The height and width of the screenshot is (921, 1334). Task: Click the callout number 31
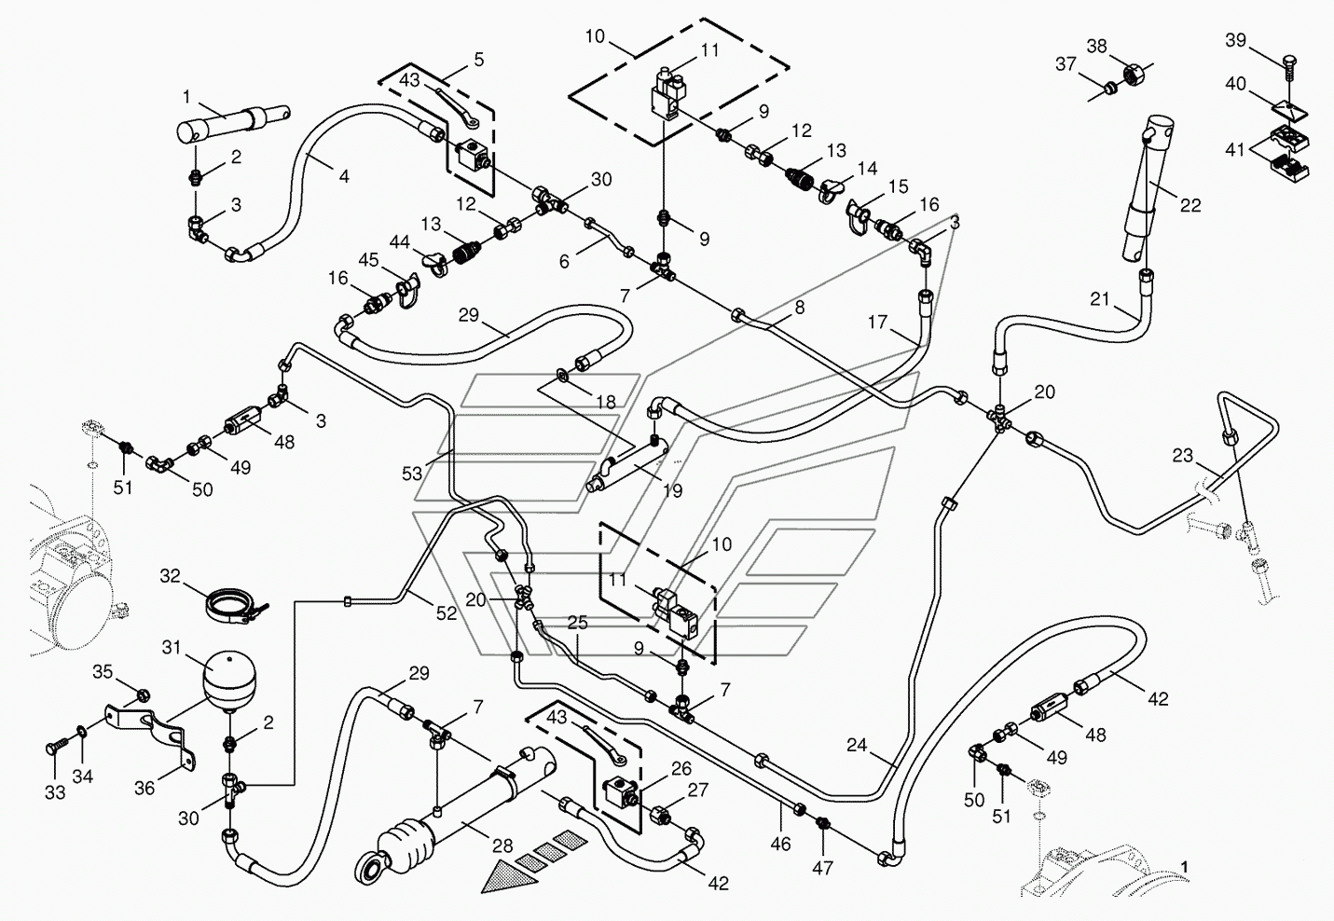point(172,647)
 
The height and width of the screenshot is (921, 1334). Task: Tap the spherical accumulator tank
point(229,680)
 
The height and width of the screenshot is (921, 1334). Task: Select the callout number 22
point(1190,205)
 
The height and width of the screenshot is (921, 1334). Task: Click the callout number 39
point(1236,40)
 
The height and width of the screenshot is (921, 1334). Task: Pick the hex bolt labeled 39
point(1287,74)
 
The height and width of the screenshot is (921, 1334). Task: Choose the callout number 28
point(502,845)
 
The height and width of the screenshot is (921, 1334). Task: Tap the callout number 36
point(144,789)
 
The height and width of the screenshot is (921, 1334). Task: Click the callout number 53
point(411,474)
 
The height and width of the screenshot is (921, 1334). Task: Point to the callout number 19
point(672,490)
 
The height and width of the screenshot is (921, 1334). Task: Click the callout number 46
point(780,845)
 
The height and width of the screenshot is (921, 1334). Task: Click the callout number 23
point(1182,456)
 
